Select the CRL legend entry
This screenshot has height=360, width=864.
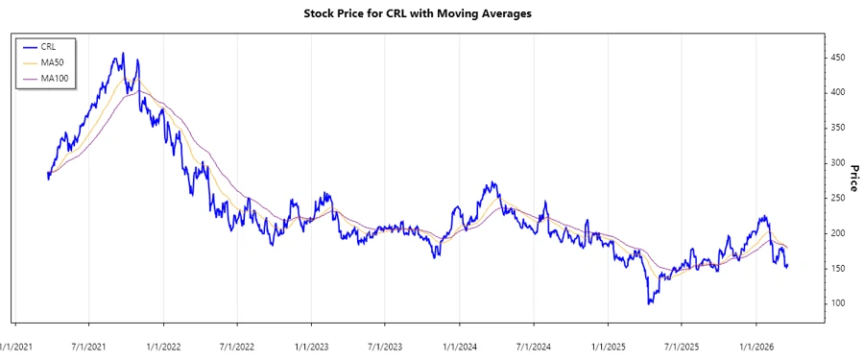point(46,46)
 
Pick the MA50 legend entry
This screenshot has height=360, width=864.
point(50,61)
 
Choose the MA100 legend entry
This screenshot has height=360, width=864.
point(52,77)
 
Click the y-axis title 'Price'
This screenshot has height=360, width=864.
point(852,177)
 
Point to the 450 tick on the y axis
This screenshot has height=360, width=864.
point(839,59)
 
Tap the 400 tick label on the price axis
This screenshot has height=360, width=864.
point(839,93)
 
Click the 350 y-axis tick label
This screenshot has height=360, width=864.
point(839,129)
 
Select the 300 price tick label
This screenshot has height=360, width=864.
point(839,164)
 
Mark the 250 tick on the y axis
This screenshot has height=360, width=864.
point(839,199)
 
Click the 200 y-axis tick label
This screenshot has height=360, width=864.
point(839,234)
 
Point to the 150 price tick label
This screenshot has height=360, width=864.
point(839,269)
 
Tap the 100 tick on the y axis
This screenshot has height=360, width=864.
point(839,304)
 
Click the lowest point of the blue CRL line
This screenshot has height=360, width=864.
point(650,303)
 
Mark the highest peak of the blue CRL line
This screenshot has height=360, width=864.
point(121,55)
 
